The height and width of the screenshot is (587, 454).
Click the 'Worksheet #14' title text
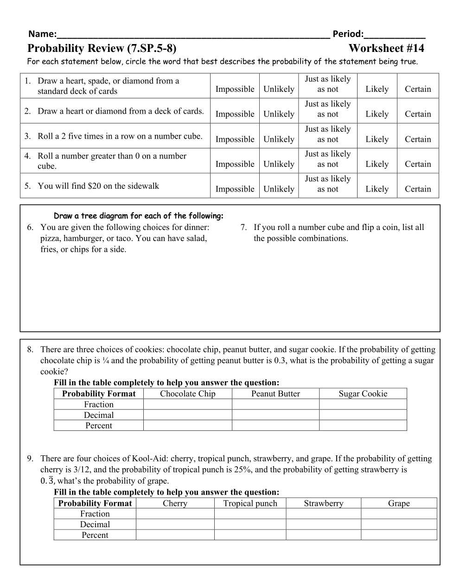pos(386,48)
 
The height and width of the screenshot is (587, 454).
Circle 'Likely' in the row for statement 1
pos(377,89)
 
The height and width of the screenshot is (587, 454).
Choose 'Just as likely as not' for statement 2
pos(327,109)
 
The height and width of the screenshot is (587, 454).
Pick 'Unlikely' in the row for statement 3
pos(279,139)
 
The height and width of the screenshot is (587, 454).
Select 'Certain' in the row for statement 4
pos(417,164)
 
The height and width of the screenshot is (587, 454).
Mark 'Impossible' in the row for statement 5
pos(235,189)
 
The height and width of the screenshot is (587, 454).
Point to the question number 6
pos(30,227)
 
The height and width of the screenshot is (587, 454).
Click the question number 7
pos(243,227)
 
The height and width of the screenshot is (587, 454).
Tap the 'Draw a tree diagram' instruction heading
pos(139,216)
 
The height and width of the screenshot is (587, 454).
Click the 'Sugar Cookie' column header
pos(363,394)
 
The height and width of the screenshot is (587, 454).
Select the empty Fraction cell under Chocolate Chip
pos(187,404)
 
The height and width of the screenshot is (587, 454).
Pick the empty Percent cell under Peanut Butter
pos(275,426)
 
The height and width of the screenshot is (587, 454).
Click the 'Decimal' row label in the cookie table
pos(98,415)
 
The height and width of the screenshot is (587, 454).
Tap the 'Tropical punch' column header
pos(250,503)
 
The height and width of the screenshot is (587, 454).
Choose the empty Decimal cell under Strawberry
pos(323,524)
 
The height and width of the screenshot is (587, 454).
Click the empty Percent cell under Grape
pos(398,535)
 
